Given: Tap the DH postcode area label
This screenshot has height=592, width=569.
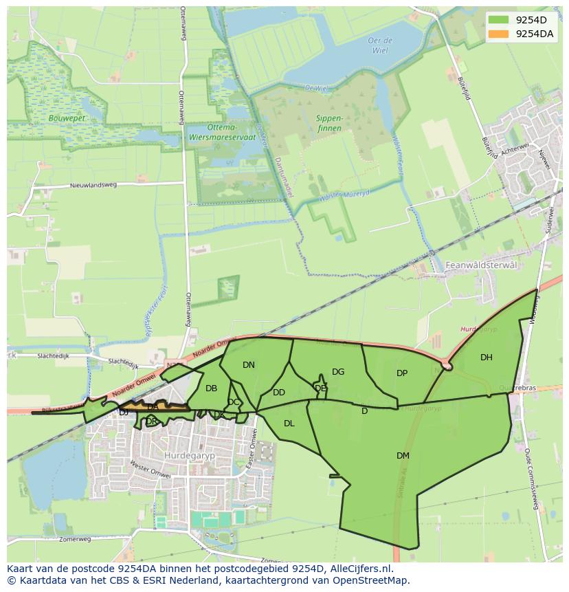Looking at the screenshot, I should pyautogui.click(x=486, y=357).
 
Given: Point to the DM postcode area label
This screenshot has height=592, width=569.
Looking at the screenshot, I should pyautogui.click(x=403, y=455).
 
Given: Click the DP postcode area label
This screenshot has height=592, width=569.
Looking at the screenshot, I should pyautogui.click(x=402, y=373).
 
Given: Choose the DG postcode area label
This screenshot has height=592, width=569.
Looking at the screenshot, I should pyautogui.click(x=338, y=372).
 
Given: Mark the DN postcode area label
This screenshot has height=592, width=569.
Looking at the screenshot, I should pyautogui.click(x=249, y=365).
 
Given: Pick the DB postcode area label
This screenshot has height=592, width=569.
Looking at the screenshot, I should pyautogui.click(x=211, y=388).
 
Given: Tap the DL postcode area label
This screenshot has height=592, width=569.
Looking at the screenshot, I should pyautogui.click(x=289, y=424).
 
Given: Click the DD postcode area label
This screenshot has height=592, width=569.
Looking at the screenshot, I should pyautogui.click(x=278, y=393).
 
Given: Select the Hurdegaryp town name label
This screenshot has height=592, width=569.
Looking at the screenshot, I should pyautogui.click(x=186, y=455).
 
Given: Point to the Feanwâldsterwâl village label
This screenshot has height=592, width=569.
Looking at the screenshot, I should pyautogui.click(x=479, y=265).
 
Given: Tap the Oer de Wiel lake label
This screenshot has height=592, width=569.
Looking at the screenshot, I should pyautogui.click(x=379, y=45).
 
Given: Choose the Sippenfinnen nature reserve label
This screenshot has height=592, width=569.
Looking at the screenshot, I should pyautogui.click(x=329, y=122).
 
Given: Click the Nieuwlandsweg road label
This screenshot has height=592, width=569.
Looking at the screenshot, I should pyautogui.click(x=93, y=185).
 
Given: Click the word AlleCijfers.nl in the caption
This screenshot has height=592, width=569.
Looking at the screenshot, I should pyautogui.click(x=357, y=569).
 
